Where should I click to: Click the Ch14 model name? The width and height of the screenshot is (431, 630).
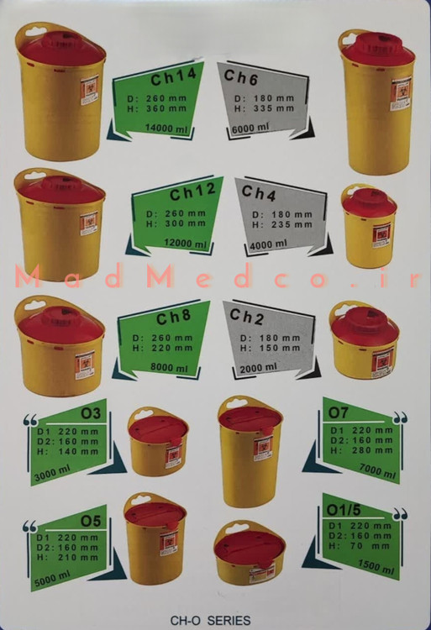click(x=174, y=76)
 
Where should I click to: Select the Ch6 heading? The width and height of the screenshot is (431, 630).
click(x=240, y=76)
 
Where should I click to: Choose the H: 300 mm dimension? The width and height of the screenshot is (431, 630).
click(x=176, y=223)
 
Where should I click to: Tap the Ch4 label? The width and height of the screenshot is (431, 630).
click(x=259, y=193)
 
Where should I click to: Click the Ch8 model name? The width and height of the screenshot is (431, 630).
click(x=173, y=318)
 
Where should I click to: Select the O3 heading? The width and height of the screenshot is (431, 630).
click(x=91, y=413)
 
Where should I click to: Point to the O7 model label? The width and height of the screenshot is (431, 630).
click(x=339, y=412)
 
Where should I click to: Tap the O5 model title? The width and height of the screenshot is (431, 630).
click(x=91, y=521)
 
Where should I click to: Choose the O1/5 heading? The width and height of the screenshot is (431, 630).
click(x=344, y=510)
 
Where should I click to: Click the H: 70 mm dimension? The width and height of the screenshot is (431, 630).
click(x=359, y=546)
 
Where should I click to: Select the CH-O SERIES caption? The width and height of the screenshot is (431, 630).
click(x=211, y=621)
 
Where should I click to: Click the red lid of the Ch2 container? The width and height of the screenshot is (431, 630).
click(x=365, y=324)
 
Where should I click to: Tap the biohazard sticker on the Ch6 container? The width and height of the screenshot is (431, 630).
click(x=402, y=93)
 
